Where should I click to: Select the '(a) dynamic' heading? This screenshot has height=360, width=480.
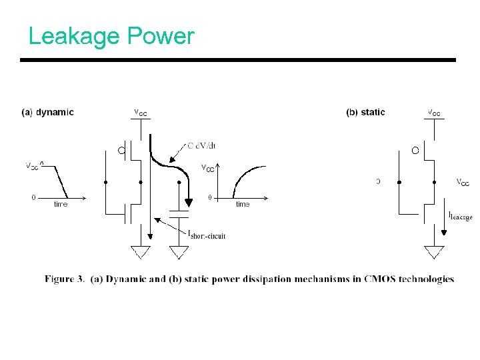click(47, 112)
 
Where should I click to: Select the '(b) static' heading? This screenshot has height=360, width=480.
click(365, 112)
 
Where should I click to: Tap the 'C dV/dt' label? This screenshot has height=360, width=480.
click(201, 146)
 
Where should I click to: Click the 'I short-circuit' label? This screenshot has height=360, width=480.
click(207, 234)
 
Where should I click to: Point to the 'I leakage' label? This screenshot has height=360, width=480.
click(460, 215)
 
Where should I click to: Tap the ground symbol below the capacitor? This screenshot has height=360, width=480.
click(179, 252)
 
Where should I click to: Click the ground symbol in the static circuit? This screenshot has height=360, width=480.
click(434, 252)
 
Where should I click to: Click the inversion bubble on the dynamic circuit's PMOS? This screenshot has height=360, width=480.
click(122, 151)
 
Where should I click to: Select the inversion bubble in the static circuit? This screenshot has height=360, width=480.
click(415, 151)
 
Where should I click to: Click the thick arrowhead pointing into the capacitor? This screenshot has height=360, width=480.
click(188, 202)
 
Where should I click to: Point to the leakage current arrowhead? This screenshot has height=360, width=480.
click(444, 233)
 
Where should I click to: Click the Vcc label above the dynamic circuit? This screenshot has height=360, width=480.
click(141, 112)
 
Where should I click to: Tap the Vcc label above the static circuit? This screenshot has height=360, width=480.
click(433, 112)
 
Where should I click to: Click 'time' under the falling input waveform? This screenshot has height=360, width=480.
click(61, 204)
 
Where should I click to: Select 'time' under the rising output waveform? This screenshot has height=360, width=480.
click(243, 204)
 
